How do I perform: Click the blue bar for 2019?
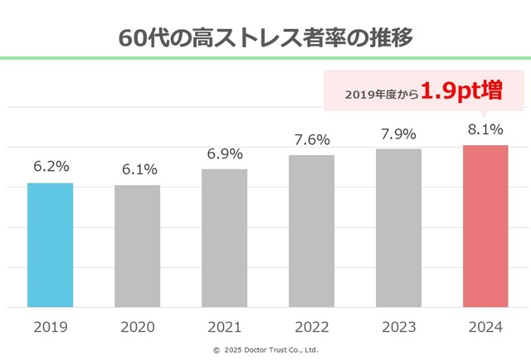[x=50, y=245]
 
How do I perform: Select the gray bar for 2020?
[x=137, y=246]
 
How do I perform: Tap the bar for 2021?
[x=224, y=238]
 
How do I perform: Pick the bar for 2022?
[x=311, y=231]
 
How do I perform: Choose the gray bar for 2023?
[x=398, y=228]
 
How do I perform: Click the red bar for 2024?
[x=485, y=226]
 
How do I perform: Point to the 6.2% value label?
[x=50, y=167]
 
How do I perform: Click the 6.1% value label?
[x=137, y=169]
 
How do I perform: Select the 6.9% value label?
[x=224, y=153]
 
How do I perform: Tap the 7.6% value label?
[x=311, y=139]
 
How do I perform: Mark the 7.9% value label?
[x=398, y=133]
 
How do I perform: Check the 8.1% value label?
[x=485, y=129]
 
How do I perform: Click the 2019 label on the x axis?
[x=50, y=327]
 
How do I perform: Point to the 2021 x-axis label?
[x=224, y=327]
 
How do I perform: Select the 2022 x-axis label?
[x=311, y=327]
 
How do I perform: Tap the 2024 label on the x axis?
[x=485, y=327]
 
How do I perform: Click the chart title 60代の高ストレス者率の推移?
[x=265, y=38]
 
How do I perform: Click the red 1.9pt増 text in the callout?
[x=461, y=90]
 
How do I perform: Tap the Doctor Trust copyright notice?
[x=265, y=349]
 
